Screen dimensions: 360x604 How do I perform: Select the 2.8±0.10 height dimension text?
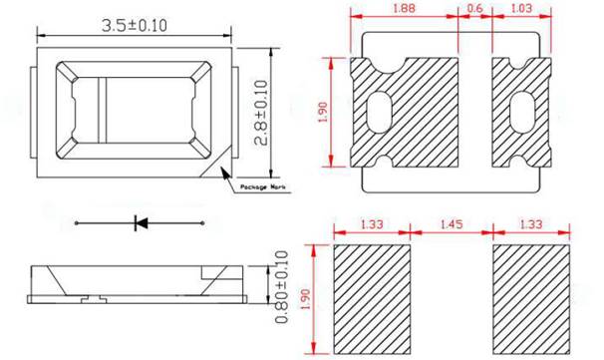262,113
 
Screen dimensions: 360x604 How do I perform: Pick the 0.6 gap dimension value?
473,9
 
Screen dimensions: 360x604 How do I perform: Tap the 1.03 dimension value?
522,9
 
